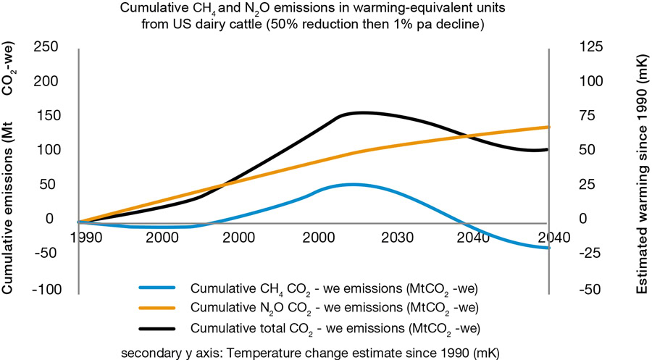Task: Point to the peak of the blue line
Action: pyautogui.click(x=352, y=184)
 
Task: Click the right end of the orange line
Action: pyautogui.click(x=548, y=127)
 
